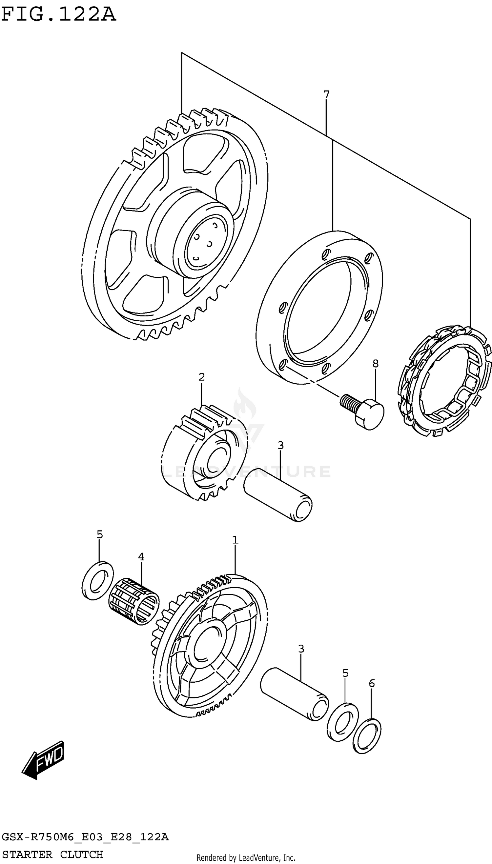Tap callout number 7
click(326, 94)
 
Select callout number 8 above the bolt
click(376, 364)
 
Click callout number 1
click(235, 540)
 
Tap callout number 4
click(141, 557)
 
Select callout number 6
click(371, 684)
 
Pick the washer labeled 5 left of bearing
click(98, 581)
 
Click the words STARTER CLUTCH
click(52, 854)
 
